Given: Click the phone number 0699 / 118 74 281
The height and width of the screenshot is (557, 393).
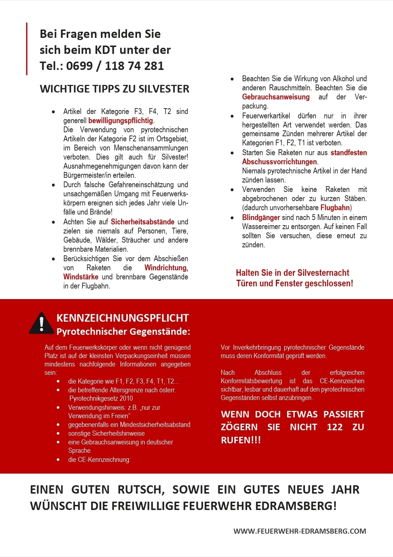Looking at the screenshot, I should [x=115, y=66].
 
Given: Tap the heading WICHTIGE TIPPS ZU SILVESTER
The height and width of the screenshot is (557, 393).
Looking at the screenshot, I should [x=115, y=89].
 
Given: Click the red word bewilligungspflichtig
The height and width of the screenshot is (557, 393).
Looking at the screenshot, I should [x=120, y=121].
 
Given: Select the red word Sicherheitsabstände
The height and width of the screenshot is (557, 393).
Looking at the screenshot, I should [x=142, y=222].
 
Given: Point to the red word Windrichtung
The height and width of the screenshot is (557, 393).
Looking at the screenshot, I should [x=166, y=268].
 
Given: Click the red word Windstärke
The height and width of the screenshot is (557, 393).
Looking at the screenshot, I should [x=80, y=277].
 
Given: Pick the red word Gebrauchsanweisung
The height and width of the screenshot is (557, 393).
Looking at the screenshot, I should [x=276, y=97].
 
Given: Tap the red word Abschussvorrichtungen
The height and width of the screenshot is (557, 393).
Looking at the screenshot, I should [x=279, y=162].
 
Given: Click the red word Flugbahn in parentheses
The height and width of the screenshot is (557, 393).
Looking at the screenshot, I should [x=335, y=208].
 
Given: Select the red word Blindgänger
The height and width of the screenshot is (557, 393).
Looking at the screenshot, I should [x=261, y=217].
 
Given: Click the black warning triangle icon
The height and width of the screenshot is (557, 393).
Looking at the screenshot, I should [x=41, y=323].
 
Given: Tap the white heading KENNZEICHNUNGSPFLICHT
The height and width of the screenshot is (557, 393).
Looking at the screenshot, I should [x=123, y=318].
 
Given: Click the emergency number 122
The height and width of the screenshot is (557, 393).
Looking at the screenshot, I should [x=334, y=427].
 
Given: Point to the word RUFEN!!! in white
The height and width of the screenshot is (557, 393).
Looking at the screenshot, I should [x=241, y=440].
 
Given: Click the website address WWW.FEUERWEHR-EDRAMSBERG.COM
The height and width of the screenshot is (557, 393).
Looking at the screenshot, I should [x=300, y=531].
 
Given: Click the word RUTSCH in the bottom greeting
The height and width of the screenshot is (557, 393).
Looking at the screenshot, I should [x=141, y=490].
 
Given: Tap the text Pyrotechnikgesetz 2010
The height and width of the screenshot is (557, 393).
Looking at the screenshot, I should [x=101, y=399].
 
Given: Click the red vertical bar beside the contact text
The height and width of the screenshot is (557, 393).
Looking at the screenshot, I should [x=27, y=49].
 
